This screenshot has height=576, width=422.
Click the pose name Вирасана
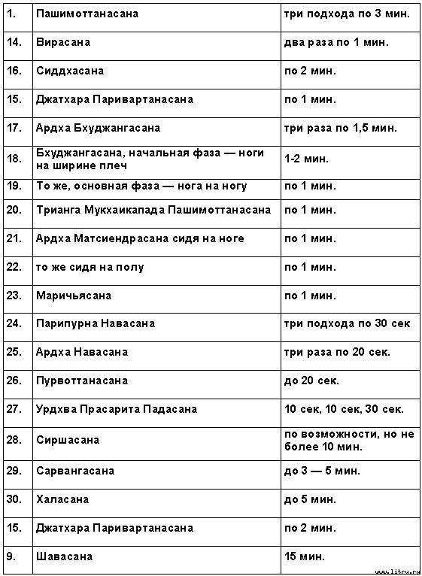(63, 42)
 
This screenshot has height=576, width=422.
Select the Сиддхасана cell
(70, 71)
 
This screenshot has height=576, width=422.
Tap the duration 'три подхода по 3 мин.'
(347, 14)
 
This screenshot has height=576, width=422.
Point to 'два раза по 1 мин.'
(336, 42)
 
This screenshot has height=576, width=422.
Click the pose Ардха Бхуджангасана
(98, 128)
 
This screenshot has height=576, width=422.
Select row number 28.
(14, 440)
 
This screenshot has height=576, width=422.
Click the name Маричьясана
(74, 296)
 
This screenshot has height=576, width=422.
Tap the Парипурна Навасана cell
(96, 323)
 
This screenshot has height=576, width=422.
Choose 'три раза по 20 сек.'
(337, 352)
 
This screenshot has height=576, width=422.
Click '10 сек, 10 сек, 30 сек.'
(344, 409)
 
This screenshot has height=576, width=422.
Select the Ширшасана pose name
(68, 440)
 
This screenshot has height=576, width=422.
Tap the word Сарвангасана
(75, 471)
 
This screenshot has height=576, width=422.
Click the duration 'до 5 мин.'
(310, 499)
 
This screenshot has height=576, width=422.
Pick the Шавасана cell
(64, 556)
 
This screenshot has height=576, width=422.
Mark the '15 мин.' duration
(305, 556)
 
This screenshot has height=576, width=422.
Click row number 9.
(10, 556)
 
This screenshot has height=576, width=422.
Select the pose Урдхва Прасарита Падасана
(117, 409)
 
